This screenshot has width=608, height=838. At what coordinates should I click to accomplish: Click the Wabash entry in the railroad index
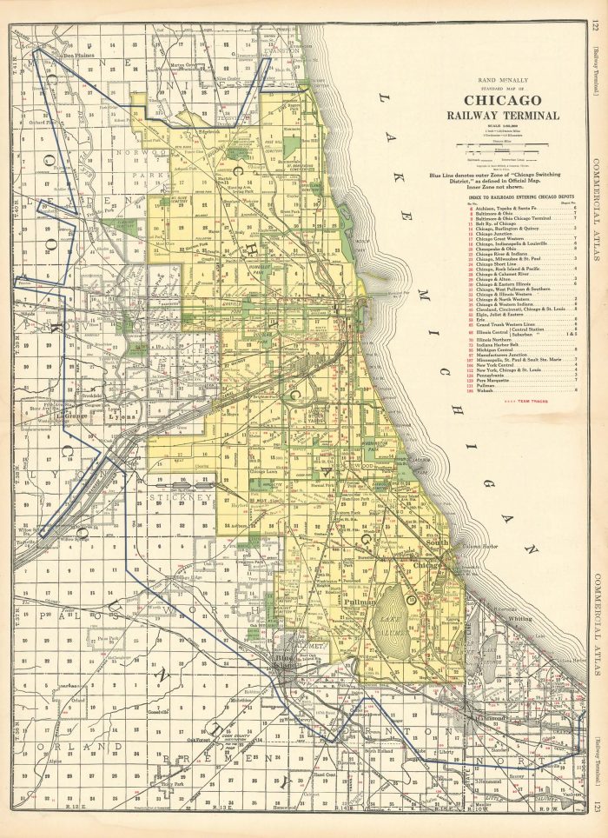coord(459,391)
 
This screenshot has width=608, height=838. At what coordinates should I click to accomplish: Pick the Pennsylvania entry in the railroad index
coord(464,375)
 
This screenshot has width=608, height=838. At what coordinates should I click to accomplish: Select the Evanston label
coord(284,51)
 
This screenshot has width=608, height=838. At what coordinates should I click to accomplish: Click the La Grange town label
coord(74,416)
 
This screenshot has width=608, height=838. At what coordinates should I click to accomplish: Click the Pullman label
coord(358,600)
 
